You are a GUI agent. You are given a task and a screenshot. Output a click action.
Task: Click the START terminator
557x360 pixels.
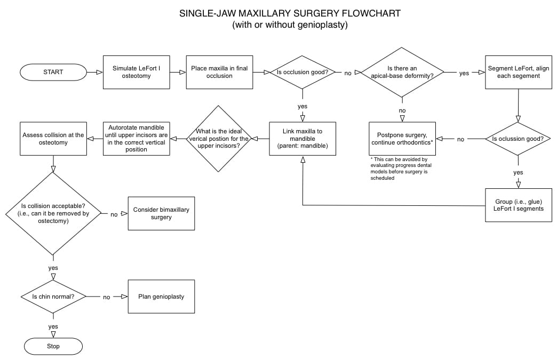(x=53, y=72)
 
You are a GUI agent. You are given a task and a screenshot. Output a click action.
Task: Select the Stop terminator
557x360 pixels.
(x=53, y=346)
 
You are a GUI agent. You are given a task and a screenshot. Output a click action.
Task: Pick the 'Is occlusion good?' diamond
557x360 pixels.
(x=303, y=72)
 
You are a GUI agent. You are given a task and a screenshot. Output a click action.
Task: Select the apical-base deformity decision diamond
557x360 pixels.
(x=402, y=73)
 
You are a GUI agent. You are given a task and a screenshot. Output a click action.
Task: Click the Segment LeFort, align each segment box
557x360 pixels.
(x=518, y=72)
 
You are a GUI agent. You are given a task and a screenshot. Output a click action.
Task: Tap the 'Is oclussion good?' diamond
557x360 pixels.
(x=518, y=139)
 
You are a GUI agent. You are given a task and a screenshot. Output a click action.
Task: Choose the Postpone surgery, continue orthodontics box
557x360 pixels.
(x=402, y=139)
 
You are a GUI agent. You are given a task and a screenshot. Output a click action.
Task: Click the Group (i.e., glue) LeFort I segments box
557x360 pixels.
(x=518, y=205)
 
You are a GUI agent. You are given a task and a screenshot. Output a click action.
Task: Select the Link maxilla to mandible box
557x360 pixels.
(x=303, y=139)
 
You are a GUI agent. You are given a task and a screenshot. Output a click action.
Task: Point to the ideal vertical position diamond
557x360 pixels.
(x=219, y=139)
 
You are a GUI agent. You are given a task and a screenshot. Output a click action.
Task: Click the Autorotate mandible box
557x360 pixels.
(x=136, y=139)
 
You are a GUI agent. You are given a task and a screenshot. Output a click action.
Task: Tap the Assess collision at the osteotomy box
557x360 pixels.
(x=53, y=139)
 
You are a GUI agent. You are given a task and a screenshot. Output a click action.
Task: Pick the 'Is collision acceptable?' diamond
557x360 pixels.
(x=53, y=213)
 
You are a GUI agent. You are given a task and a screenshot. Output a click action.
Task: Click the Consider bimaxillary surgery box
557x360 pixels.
(x=161, y=213)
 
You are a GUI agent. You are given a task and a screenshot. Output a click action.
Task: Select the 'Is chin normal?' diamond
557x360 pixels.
(x=53, y=297)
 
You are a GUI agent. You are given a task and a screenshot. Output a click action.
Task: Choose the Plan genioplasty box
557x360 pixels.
(x=161, y=297)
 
